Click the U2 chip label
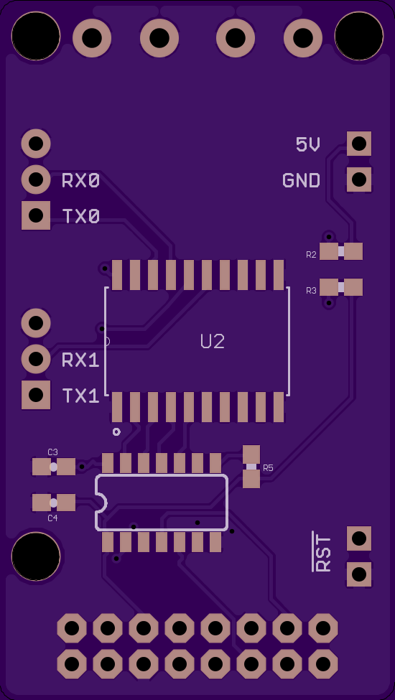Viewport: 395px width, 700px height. [212, 342]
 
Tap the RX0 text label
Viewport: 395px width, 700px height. [80, 181]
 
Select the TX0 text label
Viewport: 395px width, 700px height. [80, 217]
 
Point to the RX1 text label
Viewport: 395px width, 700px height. [80, 360]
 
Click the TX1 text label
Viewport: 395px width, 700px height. [80, 396]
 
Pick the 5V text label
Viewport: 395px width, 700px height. [308, 144]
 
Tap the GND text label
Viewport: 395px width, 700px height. [301, 180]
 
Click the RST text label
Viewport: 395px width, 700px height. [322, 552]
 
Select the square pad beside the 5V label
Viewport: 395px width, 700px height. [359, 144]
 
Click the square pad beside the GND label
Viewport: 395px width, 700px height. [359, 179]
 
